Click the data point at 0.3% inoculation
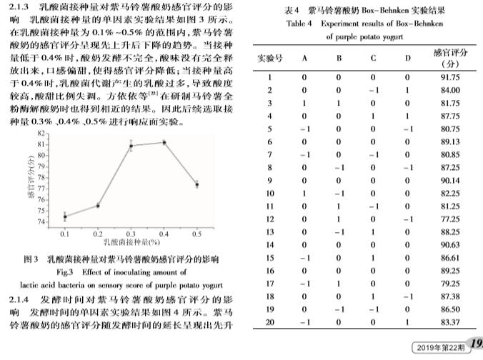[131, 146]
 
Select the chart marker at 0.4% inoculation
[164, 142]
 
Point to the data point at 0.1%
[65, 216]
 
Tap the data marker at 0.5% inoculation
[196, 184]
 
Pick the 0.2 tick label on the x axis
[98, 234]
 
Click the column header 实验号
[270, 58]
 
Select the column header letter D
[407, 58]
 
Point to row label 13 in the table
[270, 232]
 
